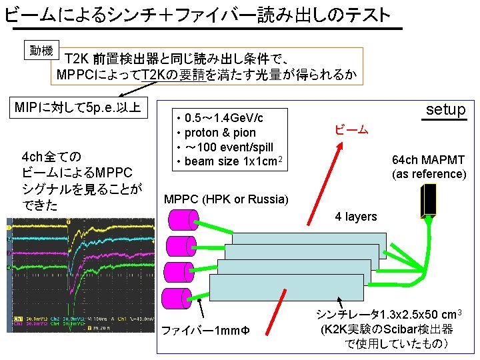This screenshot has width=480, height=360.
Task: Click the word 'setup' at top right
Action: pos(445,109)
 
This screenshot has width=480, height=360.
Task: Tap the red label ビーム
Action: pos(351,129)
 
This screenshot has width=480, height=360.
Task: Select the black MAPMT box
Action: pos(428,200)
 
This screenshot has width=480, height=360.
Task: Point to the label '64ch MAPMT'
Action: pos(429,160)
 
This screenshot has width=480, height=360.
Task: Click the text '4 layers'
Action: pos(355,217)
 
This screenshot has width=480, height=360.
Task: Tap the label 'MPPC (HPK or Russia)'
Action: pos(227,199)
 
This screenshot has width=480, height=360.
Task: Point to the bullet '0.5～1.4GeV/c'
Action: pos(223,118)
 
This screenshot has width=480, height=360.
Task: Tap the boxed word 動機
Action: pos(41,51)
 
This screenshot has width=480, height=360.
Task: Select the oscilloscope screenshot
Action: pos(79,275)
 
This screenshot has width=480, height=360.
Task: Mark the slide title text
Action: pos(197,13)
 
